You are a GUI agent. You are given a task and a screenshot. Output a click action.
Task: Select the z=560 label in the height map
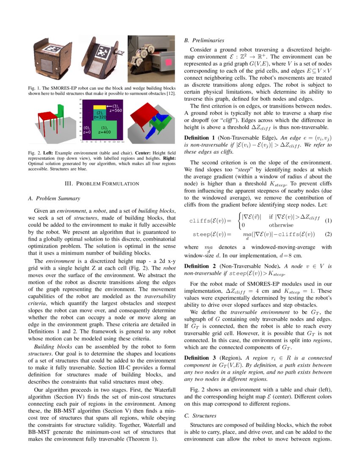click(x=115, y=110)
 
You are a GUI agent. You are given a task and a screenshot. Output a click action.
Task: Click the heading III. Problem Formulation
click(x=101, y=183)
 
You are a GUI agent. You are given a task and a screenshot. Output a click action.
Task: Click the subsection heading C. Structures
click(x=201, y=416)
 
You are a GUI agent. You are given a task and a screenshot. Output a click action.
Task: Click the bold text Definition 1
click(x=199, y=138)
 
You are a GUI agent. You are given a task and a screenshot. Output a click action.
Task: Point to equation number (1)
click(x=328, y=221)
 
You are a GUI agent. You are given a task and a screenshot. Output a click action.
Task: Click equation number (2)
click(x=328, y=234)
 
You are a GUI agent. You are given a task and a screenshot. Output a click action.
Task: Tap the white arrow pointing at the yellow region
click(x=109, y=106)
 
